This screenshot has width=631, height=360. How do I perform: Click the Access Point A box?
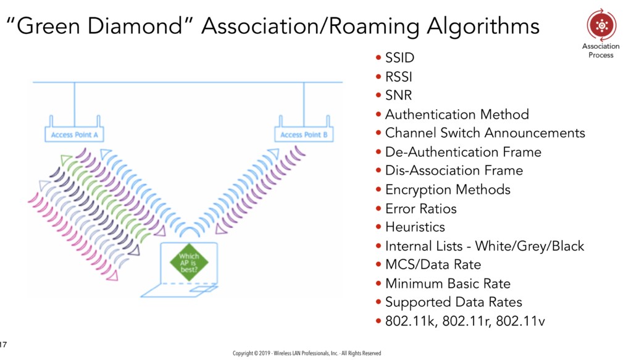pyautogui.click(x=74, y=135)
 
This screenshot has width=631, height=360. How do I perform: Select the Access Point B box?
pyautogui.click(x=304, y=135)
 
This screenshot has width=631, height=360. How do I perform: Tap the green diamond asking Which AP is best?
pyautogui.click(x=189, y=262)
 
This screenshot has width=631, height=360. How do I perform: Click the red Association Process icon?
pyautogui.click(x=601, y=25)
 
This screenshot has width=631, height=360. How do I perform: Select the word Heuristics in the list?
pyautogui.click(x=415, y=227)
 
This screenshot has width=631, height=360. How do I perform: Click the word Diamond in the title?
pyautogui.click(x=135, y=26)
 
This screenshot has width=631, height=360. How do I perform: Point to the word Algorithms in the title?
pyautogui.click(x=483, y=27)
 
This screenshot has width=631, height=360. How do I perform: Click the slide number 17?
pyautogui.click(x=3, y=345)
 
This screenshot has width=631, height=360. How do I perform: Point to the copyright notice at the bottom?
pyautogui.click(x=307, y=353)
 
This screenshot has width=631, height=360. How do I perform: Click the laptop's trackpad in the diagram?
pyautogui.click(x=203, y=289)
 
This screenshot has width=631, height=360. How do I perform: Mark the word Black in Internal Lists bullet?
pyautogui.click(x=568, y=246)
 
